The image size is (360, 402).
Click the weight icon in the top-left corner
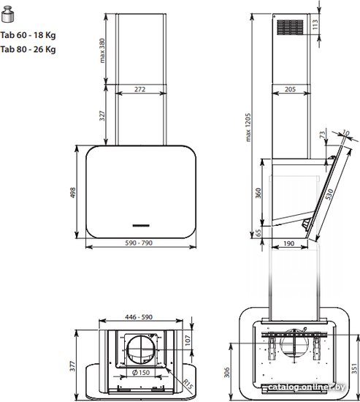pyautogui.click(x=8, y=15)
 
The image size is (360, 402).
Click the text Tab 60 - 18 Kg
pyautogui.click(x=28, y=35)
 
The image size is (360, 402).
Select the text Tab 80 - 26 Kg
pyautogui.click(x=28, y=49)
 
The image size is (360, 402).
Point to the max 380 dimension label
pyautogui.click(x=102, y=50)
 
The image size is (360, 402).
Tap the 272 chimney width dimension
pyautogui.click(x=140, y=89)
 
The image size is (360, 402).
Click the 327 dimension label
pyautogui.click(x=102, y=115)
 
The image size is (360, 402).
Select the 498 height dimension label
pyautogui.click(x=73, y=192)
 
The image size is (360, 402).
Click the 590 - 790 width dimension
pyautogui.click(x=139, y=243)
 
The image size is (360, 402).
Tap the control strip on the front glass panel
pyautogui.click(x=141, y=226)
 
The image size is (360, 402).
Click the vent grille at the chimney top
pyautogui.click(x=290, y=27)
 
